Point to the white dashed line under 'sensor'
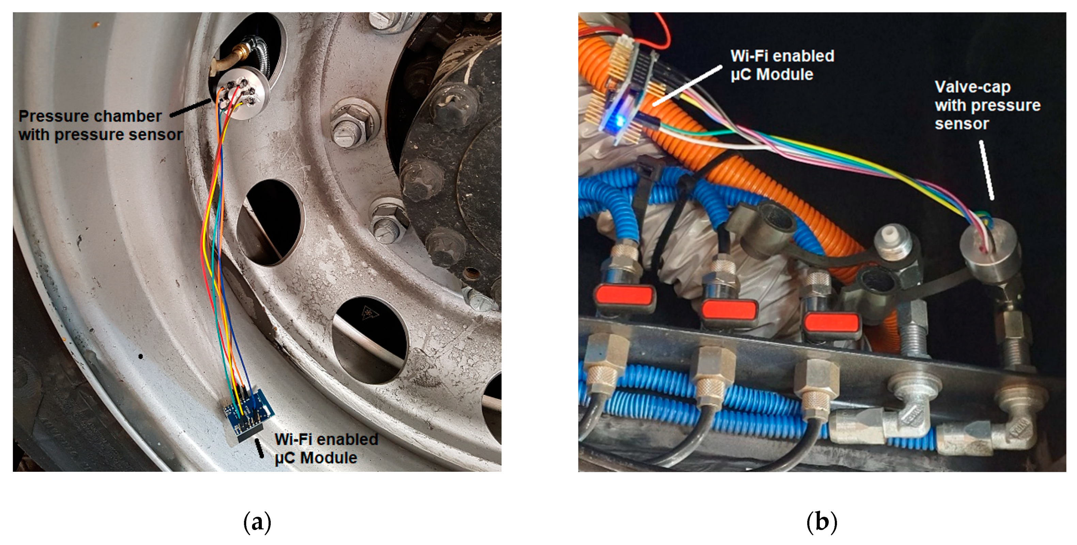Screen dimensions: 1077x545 click(986, 169)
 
